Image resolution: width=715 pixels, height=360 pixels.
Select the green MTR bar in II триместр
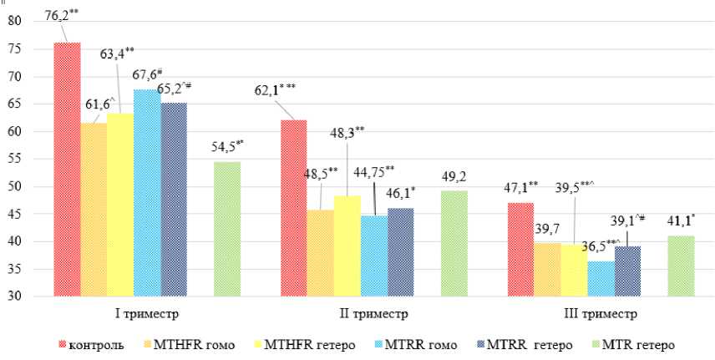454,243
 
